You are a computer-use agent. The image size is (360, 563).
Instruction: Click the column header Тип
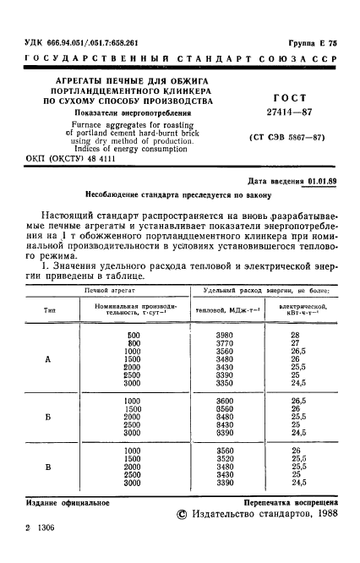click(49, 311)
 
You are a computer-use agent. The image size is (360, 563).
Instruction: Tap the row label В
click(48, 467)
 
